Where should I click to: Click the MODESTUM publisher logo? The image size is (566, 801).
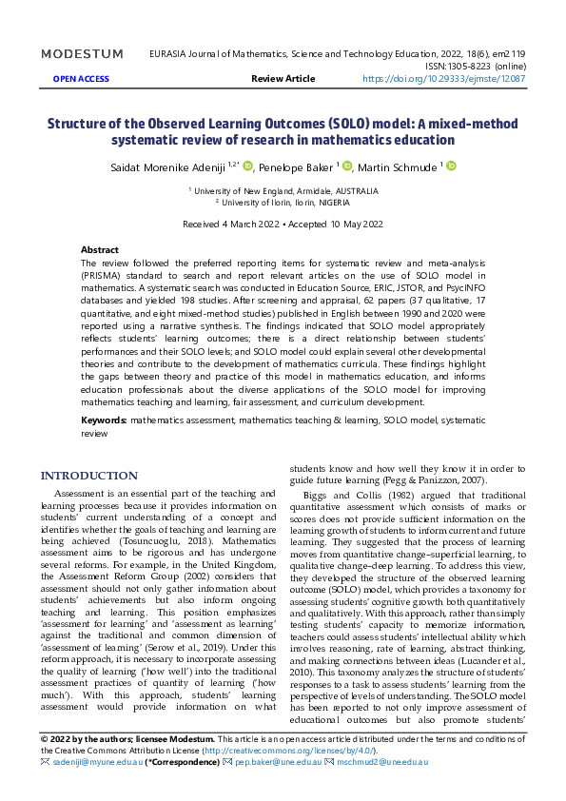point(82,54)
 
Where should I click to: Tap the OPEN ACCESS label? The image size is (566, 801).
point(81,80)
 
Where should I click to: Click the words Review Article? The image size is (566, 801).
point(283,80)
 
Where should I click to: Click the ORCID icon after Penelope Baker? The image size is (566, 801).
point(347,166)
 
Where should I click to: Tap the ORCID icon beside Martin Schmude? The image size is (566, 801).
point(451,166)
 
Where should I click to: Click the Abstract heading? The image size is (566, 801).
point(100,248)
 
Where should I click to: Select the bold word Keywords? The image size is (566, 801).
point(104,419)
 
